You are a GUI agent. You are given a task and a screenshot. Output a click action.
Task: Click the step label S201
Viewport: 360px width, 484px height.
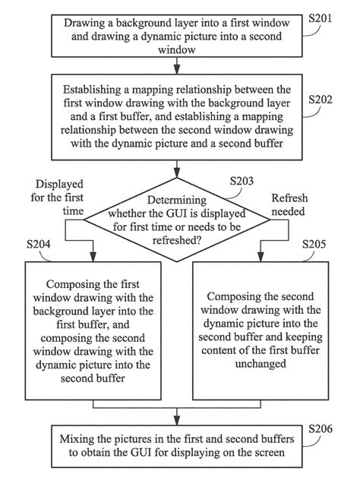(x=321, y=18)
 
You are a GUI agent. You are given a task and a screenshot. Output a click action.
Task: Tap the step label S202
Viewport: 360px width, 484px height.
(x=321, y=100)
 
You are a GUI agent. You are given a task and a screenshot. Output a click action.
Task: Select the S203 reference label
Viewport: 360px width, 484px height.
(x=242, y=181)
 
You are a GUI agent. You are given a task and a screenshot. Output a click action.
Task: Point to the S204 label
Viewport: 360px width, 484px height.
(x=39, y=244)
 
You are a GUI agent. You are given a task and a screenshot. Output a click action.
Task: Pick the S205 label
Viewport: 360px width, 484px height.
(x=314, y=244)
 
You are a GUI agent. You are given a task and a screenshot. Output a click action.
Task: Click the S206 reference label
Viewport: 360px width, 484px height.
(x=321, y=429)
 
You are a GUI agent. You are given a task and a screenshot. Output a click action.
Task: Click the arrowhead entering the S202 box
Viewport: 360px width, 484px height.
(x=177, y=70)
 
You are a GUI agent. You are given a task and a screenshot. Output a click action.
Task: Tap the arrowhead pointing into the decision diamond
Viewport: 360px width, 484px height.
(x=177, y=173)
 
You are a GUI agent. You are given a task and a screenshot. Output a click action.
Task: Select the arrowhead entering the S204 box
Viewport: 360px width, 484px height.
(x=93, y=257)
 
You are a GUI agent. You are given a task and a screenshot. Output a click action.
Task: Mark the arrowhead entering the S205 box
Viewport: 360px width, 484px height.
(x=261, y=257)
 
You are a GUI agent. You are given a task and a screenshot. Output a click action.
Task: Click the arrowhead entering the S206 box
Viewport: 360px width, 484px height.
(x=177, y=421)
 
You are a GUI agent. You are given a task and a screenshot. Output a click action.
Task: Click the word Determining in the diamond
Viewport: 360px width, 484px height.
(x=177, y=201)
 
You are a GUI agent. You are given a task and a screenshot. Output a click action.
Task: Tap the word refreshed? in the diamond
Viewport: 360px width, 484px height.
(x=177, y=240)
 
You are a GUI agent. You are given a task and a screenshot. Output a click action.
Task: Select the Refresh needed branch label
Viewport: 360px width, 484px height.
(x=289, y=204)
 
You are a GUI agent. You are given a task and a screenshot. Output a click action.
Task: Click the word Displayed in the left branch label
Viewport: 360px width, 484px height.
(x=59, y=185)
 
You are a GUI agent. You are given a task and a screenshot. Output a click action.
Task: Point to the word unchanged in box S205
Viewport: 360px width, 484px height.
(x=261, y=364)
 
